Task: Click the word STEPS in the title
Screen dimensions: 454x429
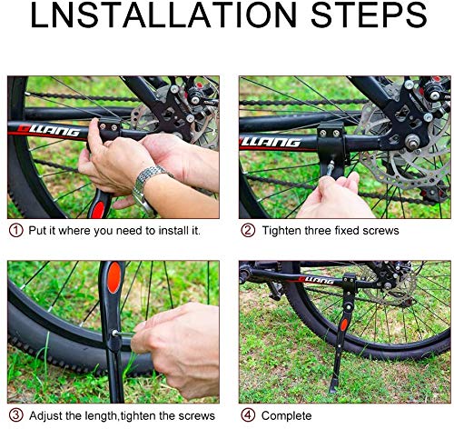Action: tap(369, 15)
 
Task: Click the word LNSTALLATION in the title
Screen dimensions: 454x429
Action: tap(163, 15)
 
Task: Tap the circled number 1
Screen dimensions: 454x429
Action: tap(15, 231)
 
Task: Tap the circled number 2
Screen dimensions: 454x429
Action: tap(248, 230)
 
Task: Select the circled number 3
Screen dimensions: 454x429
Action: tap(15, 415)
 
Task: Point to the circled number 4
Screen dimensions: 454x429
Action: tap(248, 415)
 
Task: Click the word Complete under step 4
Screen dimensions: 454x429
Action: tap(286, 415)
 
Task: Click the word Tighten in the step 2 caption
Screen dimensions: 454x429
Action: tap(281, 231)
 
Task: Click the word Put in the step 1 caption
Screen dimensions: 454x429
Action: tap(37, 231)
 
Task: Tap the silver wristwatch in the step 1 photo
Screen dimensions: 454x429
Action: tap(147, 187)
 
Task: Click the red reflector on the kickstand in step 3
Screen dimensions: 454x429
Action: tap(114, 277)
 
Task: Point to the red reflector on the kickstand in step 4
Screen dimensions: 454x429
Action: tap(344, 324)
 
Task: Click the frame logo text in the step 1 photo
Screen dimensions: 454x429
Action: tap(48, 130)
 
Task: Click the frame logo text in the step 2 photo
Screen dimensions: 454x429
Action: tap(271, 142)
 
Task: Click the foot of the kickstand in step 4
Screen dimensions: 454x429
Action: tap(333, 389)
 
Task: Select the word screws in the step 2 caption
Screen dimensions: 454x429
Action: tap(380, 231)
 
